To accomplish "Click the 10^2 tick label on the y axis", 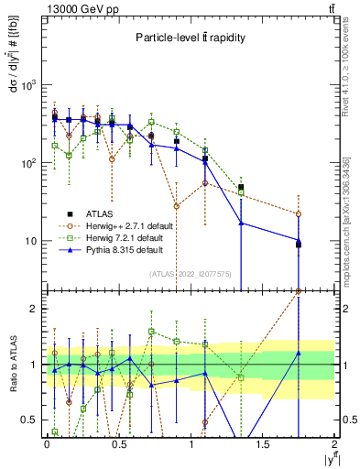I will pyautogui.click(x=27, y=163).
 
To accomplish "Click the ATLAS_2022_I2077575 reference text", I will pyautogui.click(x=191, y=273).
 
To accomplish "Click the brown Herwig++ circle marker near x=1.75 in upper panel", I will pyautogui.click(x=299, y=214).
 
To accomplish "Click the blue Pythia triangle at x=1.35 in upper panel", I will pyautogui.click(x=241, y=223).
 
